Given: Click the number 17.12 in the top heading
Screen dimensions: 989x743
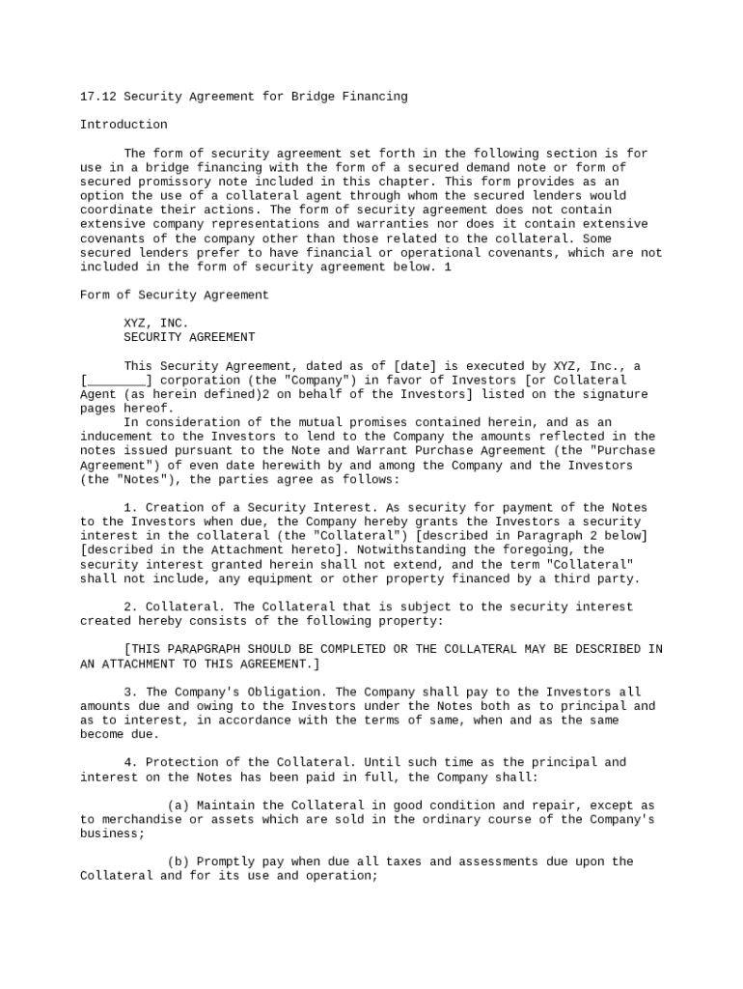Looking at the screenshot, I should point(97,97).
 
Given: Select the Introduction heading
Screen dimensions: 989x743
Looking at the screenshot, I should point(124,125).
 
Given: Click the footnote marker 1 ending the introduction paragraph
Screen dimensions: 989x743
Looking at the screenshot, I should point(448,267).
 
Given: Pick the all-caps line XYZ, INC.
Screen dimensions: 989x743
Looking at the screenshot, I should point(156,324).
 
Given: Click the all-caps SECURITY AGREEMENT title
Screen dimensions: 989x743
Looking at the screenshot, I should point(189,338).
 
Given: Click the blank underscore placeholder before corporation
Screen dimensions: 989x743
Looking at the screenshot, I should point(116,381).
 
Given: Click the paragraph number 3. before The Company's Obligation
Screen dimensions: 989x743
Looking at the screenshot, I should point(130,692).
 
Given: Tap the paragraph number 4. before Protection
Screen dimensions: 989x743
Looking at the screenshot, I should point(130,763).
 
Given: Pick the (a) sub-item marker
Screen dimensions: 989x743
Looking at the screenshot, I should point(178,805).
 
